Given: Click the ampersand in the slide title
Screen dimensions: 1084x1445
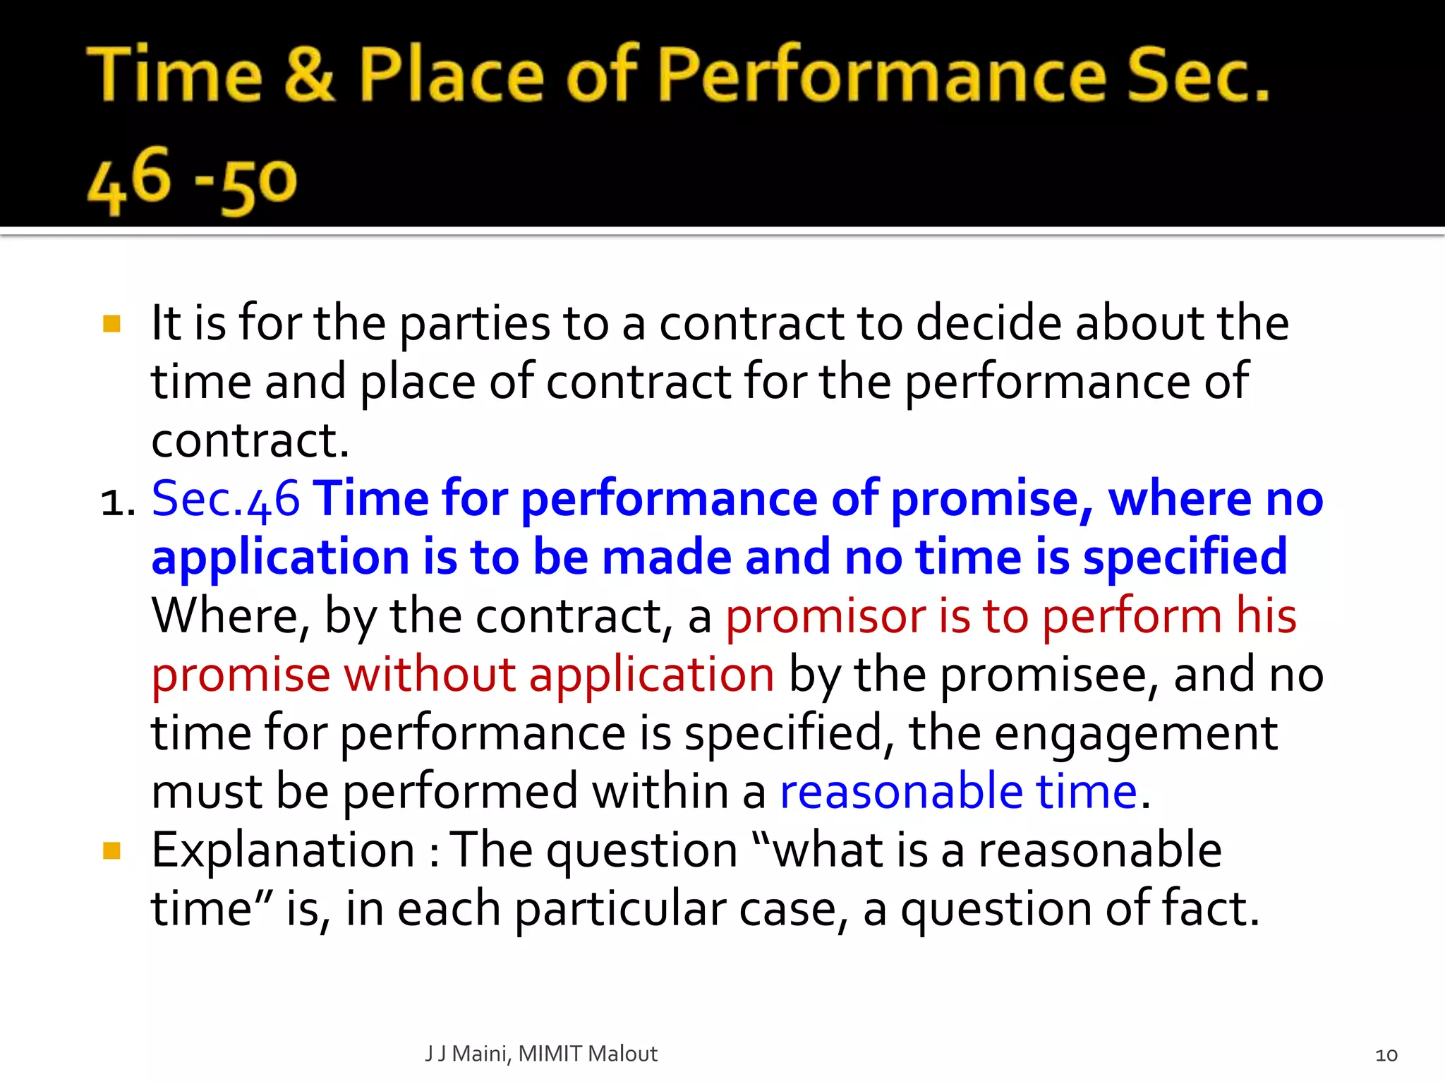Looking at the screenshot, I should pyautogui.click(x=308, y=74).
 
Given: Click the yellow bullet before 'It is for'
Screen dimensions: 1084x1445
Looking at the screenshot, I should pyautogui.click(x=111, y=324).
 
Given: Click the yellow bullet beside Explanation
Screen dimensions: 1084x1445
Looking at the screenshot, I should pyautogui.click(x=111, y=850).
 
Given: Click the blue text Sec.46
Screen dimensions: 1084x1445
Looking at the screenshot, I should pyautogui.click(x=226, y=500).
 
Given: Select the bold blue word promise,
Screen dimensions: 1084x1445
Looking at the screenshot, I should pyautogui.click(x=992, y=500).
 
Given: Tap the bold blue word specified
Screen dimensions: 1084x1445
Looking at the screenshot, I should pyautogui.click(x=1185, y=558).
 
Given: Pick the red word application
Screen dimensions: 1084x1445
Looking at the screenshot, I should pyautogui.click(x=652, y=675).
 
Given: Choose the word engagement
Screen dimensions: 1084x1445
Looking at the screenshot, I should pyautogui.click(x=1136, y=734).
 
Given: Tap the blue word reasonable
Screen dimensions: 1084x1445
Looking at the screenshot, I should pyautogui.click(x=901, y=792).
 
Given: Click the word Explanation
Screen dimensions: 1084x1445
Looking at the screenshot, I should pyautogui.click(x=283, y=850).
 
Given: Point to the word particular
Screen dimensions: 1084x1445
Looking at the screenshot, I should pyautogui.click(x=620, y=909).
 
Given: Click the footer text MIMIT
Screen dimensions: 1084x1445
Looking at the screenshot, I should pyautogui.click(x=550, y=1054).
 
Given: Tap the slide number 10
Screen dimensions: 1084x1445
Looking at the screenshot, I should pyautogui.click(x=1386, y=1055).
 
